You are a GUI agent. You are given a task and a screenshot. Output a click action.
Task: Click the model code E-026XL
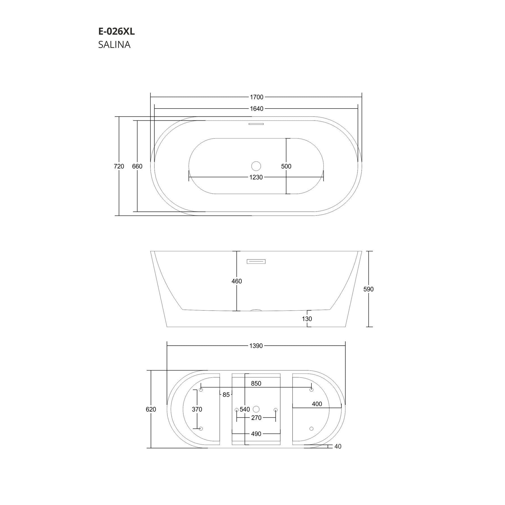pyautogui.click(x=116, y=32)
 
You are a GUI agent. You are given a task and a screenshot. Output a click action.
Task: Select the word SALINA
pyautogui.click(x=114, y=45)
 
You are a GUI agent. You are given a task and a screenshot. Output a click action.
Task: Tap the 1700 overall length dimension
pyautogui.click(x=256, y=97)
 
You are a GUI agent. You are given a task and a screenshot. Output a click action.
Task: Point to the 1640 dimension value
pyautogui.click(x=256, y=109)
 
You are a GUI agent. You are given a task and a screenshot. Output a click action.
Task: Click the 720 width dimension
pyautogui.click(x=119, y=166)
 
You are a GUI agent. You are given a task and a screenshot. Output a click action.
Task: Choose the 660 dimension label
pyautogui.click(x=137, y=166)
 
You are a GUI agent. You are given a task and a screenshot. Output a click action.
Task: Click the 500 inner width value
pyautogui.click(x=286, y=166)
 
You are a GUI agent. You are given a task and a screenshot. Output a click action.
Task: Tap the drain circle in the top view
pyautogui.click(x=256, y=166)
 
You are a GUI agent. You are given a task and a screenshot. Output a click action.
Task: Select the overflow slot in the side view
pyautogui.click(x=256, y=261)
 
